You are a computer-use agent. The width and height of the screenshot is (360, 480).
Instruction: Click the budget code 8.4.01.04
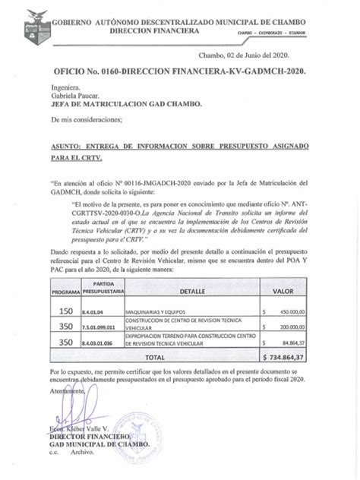96,311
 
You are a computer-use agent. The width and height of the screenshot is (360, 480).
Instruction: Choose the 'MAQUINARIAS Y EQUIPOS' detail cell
159,311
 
